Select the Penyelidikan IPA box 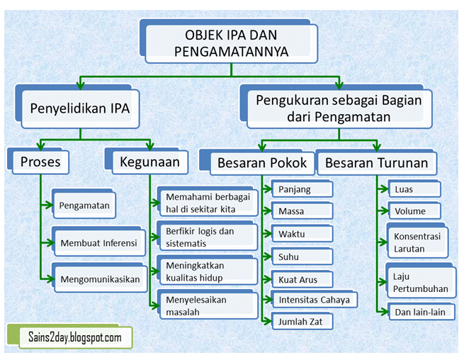coord(79,108)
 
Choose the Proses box coord(40,162)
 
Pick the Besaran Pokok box coord(261,163)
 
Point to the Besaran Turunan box coord(376,163)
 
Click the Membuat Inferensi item coord(98,242)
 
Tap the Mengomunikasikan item coord(99,279)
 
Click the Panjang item coord(301,190)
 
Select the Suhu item coord(301,257)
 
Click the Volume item coord(414,210)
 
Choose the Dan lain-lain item coord(421,312)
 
